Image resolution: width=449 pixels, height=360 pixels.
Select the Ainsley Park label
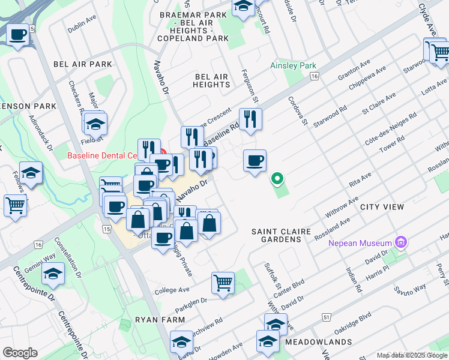(293, 65)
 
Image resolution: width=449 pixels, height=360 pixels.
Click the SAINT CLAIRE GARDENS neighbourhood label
(276, 235)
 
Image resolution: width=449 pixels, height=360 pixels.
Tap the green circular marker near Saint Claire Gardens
(277, 178)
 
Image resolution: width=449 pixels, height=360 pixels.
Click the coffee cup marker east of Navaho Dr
(255, 160)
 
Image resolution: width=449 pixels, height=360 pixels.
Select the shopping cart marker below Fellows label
(15, 205)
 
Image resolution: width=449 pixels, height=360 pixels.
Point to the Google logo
(20, 353)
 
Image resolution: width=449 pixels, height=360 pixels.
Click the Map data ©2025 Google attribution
(411, 355)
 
